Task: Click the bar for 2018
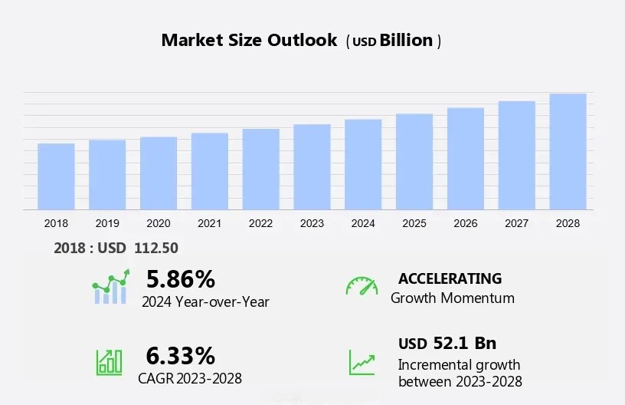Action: click(x=56, y=176)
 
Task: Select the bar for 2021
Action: click(x=209, y=171)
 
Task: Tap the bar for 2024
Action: click(x=363, y=164)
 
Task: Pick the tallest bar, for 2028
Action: click(x=568, y=151)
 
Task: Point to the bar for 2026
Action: click(x=466, y=158)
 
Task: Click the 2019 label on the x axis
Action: click(x=107, y=223)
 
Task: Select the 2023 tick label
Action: click(x=312, y=223)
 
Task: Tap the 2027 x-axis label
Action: click(x=517, y=223)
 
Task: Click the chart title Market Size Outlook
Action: click(x=249, y=41)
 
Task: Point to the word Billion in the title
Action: click(x=407, y=41)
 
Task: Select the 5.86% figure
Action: click(x=181, y=278)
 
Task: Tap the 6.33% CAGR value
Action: click(x=181, y=355)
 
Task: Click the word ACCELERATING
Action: click(x=450, y=278)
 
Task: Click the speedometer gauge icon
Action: click(x=362, y=285)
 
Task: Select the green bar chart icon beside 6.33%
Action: click(x=109, y=362)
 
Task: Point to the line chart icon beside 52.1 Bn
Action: click(x=362, y=362)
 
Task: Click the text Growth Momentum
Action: click(x=453, y=298)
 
